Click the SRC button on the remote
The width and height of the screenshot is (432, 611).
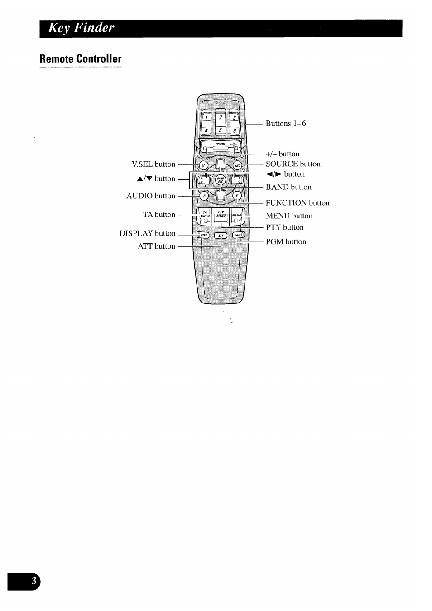click(x=237, y=165)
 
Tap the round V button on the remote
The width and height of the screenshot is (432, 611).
click(x=204, y=165)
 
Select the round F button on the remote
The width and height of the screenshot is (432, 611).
click(x=237, y=196)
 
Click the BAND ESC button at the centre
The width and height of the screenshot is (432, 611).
click(x=221, y=180)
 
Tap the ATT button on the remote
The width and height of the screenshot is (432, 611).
click(x=221, y=236)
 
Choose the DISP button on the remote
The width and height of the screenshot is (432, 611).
click(x=202, y=235)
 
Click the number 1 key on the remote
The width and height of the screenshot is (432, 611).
click(x=206, y=118)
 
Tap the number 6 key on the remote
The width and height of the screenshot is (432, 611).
click(x=235, y=131)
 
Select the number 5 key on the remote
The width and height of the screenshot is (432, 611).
click(x=220, y=131)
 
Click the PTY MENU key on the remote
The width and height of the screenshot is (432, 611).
click(x=221, y=215)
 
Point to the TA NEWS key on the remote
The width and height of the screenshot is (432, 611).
click(x=205, y=215)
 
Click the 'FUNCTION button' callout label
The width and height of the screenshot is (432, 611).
click(x=298, y=203)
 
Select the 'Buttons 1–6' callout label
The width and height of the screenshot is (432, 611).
click(x=286, y=124)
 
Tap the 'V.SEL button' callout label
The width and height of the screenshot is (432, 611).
click(x=153, y=164)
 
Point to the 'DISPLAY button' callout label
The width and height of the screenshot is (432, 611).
click(x=147, y=233)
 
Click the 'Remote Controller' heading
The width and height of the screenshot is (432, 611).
click(x=81, y=59)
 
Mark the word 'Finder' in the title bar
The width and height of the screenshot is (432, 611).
click(x=95, y=28)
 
